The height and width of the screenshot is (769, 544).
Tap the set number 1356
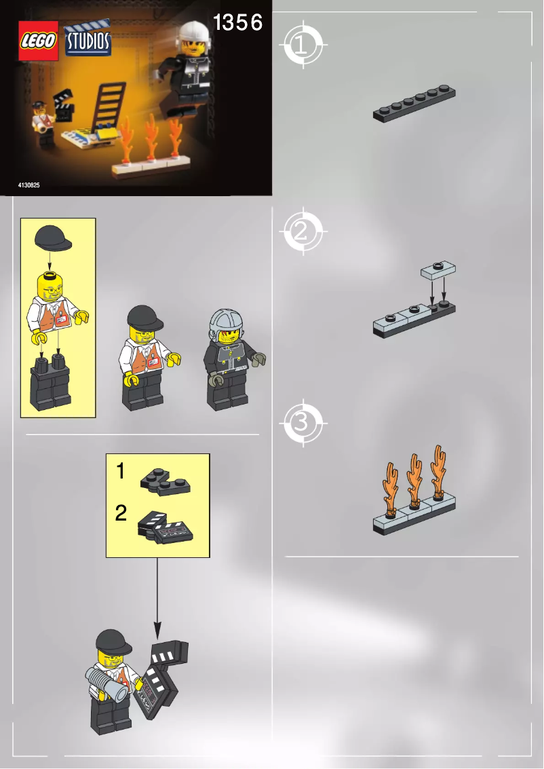237,23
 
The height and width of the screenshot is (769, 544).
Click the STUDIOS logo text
88,41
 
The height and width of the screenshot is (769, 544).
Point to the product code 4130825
29,185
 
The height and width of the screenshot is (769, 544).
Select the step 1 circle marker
301,45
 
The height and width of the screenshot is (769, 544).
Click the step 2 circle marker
301,233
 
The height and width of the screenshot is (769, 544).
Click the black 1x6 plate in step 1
414,105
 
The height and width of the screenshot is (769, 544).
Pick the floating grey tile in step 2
439,269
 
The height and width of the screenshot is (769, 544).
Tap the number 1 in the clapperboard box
120,471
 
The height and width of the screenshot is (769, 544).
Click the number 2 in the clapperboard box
120,513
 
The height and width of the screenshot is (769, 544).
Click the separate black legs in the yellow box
50,384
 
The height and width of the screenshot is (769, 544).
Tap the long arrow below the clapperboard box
157,590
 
